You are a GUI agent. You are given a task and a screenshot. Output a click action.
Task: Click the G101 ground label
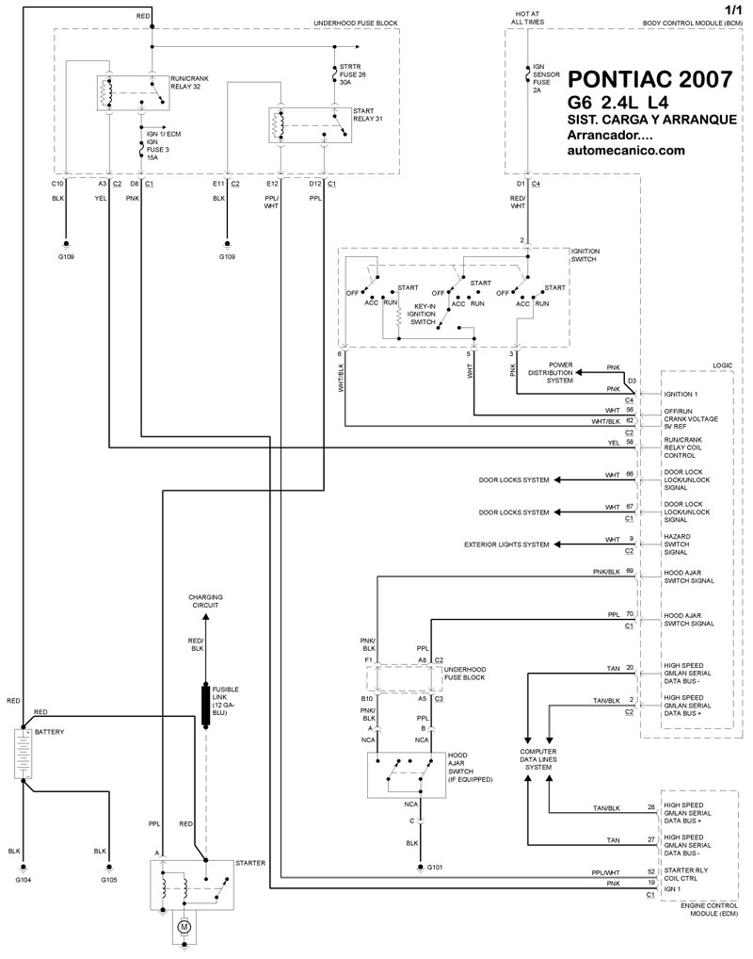click(436, 867)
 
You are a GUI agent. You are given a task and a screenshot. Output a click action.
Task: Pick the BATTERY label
click(50, 730)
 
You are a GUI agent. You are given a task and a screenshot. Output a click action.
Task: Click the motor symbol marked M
click(184, 927)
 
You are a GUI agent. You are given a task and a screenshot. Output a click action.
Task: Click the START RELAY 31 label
click(357, 114)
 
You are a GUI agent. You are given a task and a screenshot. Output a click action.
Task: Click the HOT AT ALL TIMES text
click(528, 16)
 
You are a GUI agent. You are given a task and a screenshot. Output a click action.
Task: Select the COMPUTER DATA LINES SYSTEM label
click(539, 759)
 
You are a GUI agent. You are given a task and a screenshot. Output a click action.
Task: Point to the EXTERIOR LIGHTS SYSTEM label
click(507, 545)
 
